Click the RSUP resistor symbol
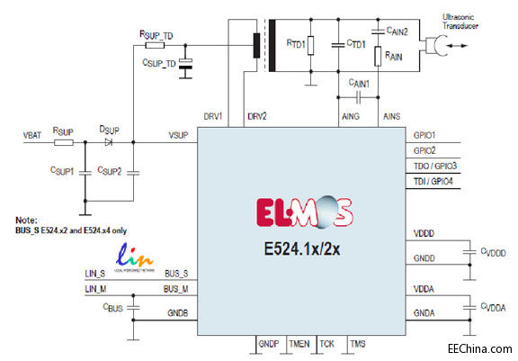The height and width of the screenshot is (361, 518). (64, 141)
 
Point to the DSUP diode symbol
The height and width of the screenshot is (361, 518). (109, 141)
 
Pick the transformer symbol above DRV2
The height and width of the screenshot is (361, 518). (258, 45)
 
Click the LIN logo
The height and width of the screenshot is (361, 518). (129, 256)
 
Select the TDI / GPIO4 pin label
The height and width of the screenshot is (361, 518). (433, 183)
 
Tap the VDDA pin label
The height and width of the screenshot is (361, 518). (424, 290)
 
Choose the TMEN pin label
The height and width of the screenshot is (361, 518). (299, 344)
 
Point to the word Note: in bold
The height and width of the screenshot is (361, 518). (27, 220)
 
